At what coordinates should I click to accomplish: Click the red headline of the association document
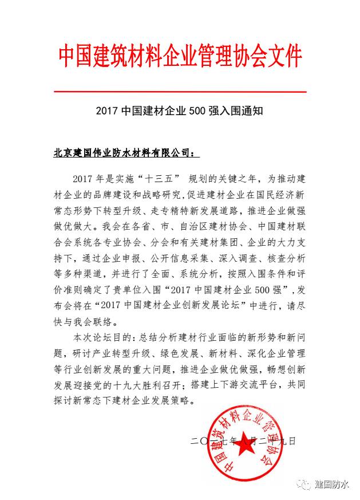(180, 56)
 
